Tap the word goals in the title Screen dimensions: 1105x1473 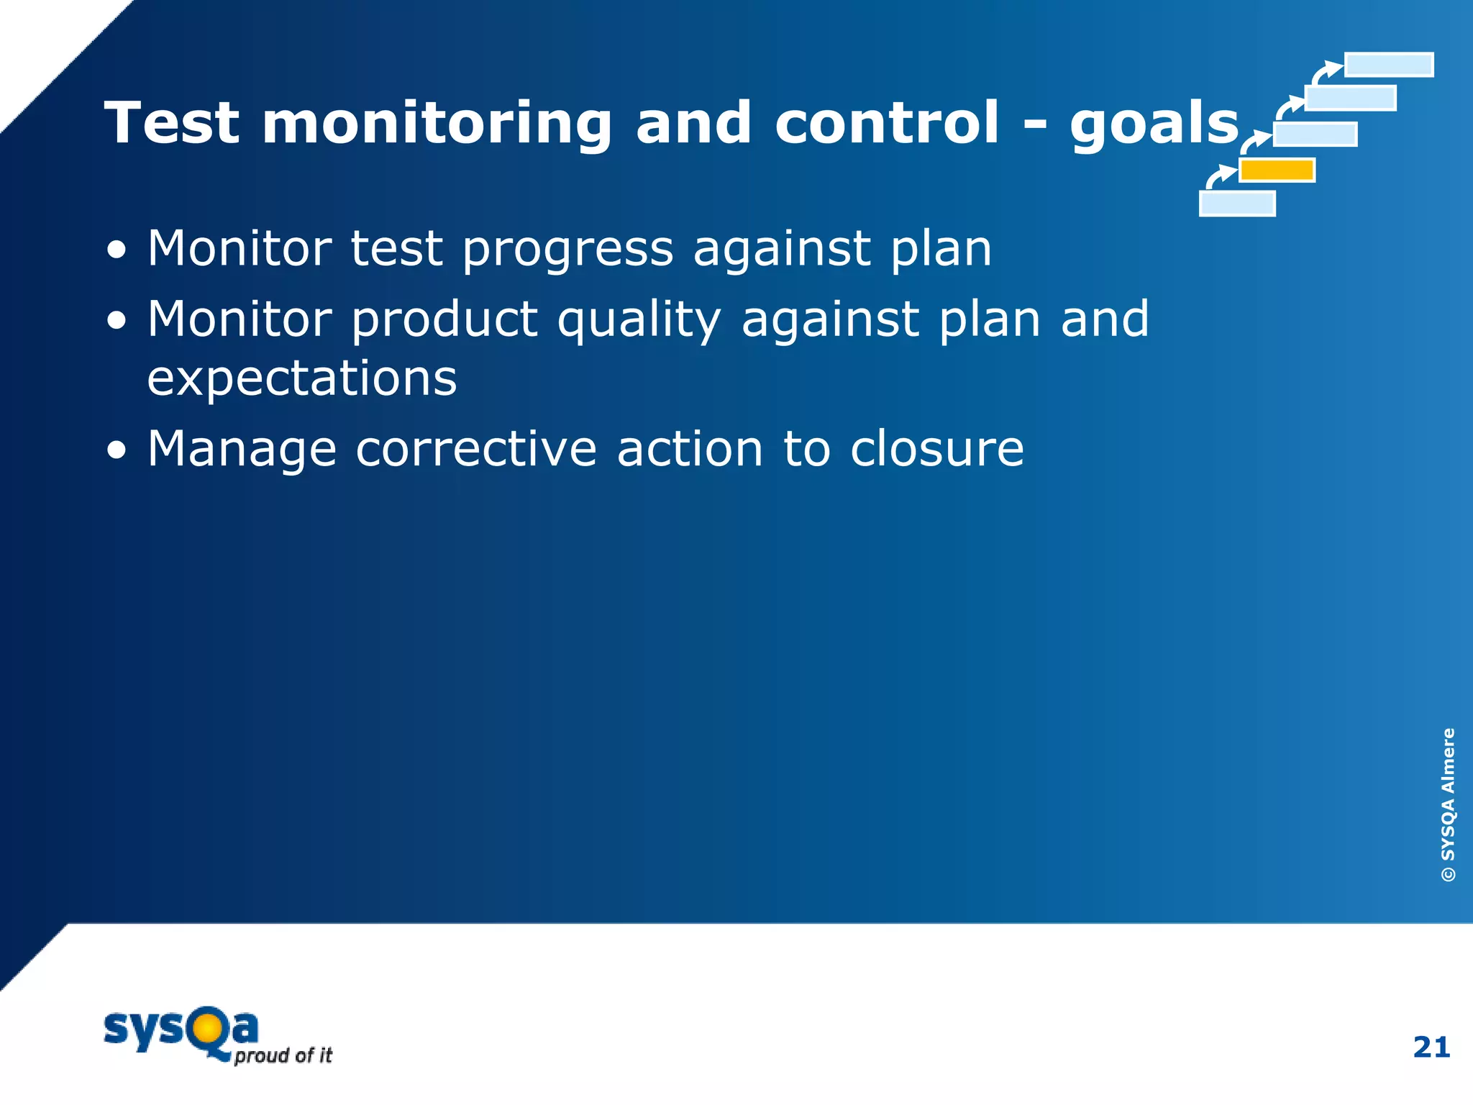[x=1154, y=124]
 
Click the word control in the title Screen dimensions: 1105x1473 [x=886, y=123]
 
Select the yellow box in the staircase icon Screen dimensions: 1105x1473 [x=1277, y=170]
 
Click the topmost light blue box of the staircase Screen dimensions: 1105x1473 [x=1388, y=65]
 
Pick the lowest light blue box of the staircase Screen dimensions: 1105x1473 [x=1237, y=204]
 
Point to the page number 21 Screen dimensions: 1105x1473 [x=1431, y=1047]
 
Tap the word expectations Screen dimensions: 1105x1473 [x=302, y=379]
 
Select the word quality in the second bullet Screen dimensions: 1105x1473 [x=639, y=320]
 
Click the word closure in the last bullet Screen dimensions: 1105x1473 [x=936, y=449]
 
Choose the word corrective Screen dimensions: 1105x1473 [x=476, y=449]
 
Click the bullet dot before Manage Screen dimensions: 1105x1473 [x=117, y=451]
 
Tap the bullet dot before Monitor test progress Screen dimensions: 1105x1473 [x=117, y=251]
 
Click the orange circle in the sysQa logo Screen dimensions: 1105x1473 [x=206, y=1029]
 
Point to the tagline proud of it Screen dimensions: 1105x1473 [x=283, y=1055]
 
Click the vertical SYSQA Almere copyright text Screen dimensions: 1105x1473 [x=1447, y=804]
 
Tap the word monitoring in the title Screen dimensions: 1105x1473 [x=437, y=124]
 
